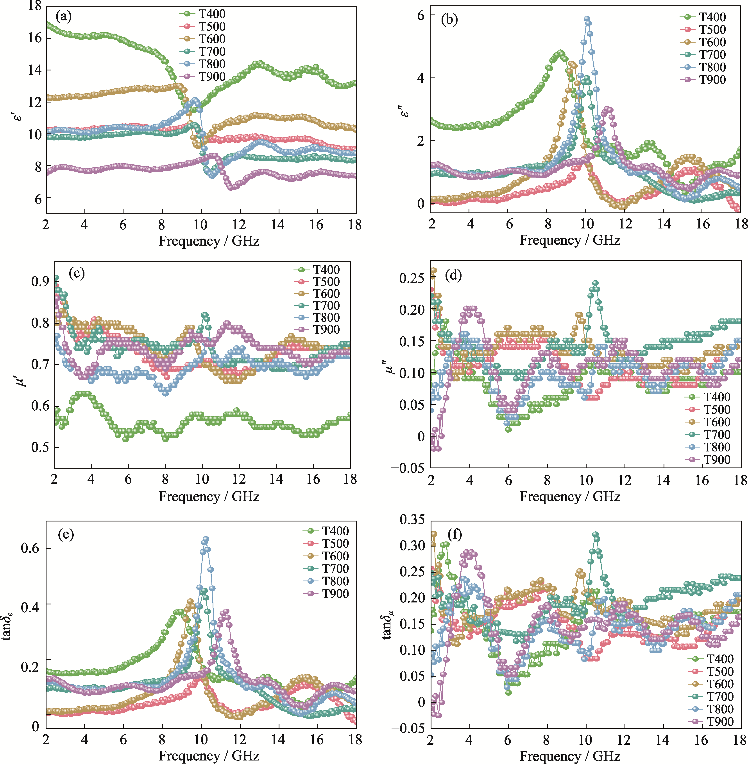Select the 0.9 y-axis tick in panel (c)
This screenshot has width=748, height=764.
pos(40,281)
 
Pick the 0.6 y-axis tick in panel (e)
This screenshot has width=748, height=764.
pos(30,548)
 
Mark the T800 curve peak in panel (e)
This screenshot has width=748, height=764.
pos(206,539)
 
